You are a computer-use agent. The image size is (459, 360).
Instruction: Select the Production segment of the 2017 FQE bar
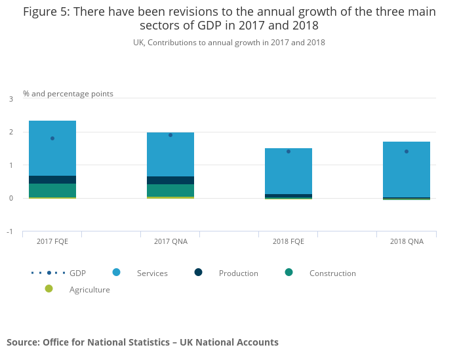click(52, 180)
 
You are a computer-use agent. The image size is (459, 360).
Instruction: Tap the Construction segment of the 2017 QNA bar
click(170, 190)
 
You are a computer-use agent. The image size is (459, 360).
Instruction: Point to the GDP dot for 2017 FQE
click(52, 138)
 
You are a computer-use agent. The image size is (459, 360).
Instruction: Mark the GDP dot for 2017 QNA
click(170, 135)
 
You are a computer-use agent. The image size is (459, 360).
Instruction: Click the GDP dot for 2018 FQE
click(289, 151)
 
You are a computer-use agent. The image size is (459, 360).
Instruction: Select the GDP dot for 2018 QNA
click(407, 151)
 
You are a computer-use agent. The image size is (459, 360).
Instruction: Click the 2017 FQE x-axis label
click(52, 241)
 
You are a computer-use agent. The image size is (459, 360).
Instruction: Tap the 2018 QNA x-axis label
click(407, 241)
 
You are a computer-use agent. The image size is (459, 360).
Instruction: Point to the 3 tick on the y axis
click(10, 99)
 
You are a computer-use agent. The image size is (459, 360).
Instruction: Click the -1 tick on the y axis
click(10, 231)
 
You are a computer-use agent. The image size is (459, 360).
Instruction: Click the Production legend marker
click(199, 272)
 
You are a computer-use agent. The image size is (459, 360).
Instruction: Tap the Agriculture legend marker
click(49, 289)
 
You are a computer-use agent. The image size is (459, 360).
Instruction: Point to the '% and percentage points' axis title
click(68, 94)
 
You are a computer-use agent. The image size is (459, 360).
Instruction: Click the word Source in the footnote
click(23, 342)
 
